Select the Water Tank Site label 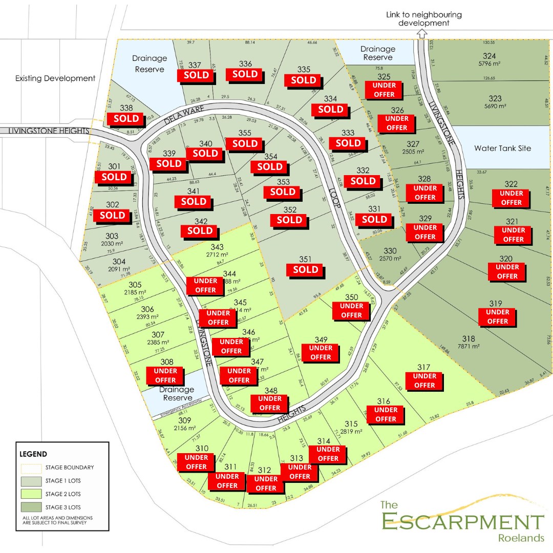click(x=502, y=148)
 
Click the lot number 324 click(x=489, y=55)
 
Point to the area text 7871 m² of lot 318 click(x=469, y=347)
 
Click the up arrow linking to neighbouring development click(x=422, y=34)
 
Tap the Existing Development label click(x=55, y=78)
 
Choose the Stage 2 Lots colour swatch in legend click(x=30, y=494)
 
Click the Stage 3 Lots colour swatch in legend click(x=30, y=507)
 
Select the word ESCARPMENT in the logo click(x=462, y=522)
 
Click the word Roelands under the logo click(x=520, y=538)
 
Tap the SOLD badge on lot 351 click(x=306, y=270)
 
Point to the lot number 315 click(x=350, y=423)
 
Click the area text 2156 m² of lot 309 click(x=185, y=428)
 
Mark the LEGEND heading click(x=33, y=454)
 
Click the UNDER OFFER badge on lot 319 click(x=497, y=316)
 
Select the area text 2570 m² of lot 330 click(x=389, y=259)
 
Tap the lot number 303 click(x=112, y=236)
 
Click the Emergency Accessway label click(x=182, y=407)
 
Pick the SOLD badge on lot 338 click(x=126, y=118)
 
